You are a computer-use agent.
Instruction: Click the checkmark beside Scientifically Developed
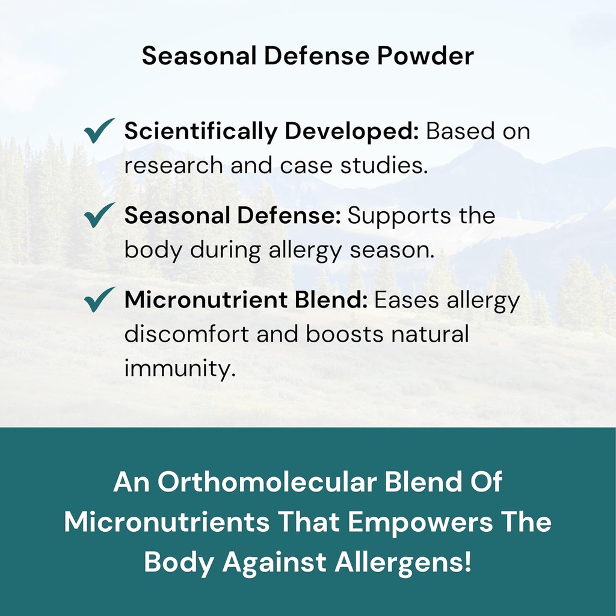pos(99,131)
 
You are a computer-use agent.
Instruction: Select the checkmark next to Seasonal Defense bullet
pos(99,215)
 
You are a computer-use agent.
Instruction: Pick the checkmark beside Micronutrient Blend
pos(99,299)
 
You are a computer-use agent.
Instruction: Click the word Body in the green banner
pos(179,562)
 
